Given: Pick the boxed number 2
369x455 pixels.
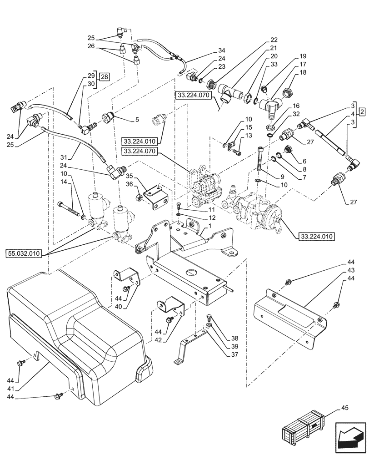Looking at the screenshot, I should click(x=361, y=111).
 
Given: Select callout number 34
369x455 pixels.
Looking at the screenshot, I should click(x=221, y=50).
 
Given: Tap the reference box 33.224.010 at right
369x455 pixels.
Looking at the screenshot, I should click(x=317, y=236).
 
